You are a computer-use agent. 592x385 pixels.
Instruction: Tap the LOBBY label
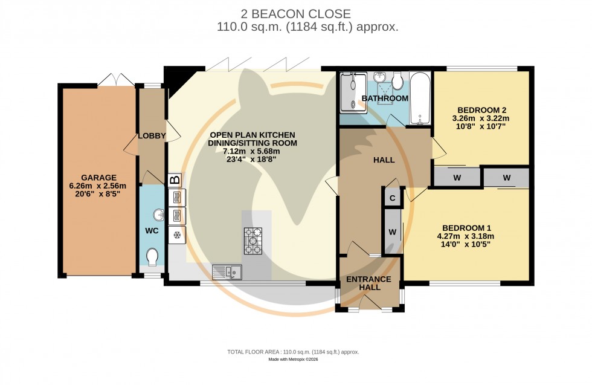click(x=152, y=136)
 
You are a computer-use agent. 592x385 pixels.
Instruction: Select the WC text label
click(x=151, y=231)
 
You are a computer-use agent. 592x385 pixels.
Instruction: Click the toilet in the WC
click(x=152, y=258)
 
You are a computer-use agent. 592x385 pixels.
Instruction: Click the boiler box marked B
click(x=175, y=180)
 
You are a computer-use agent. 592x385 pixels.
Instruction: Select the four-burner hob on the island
click(x=253, y=241)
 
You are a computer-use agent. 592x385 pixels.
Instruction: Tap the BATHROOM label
click(x=385, y=99)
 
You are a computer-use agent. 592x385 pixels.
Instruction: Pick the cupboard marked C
click(x=392, y=198)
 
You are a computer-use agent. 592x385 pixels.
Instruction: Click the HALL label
click(x=384, y=160)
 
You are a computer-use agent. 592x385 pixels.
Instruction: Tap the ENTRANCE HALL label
click(x=368, y=283)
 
